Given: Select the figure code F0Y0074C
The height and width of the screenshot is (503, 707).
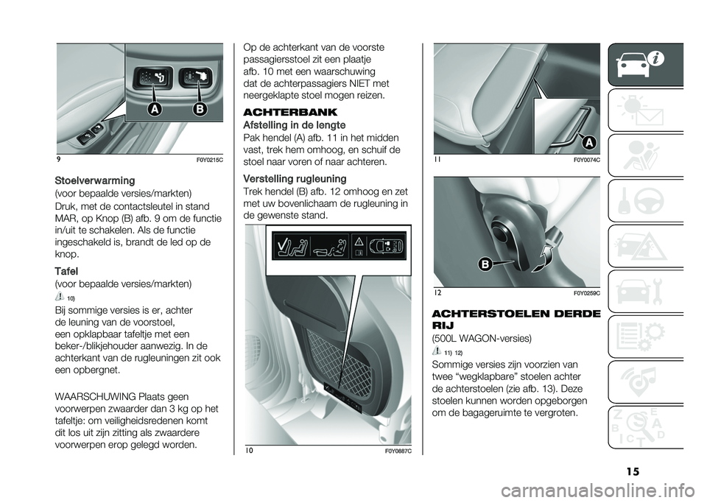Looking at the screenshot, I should (587, 160).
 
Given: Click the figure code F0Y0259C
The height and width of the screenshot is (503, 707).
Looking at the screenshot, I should (587, 293).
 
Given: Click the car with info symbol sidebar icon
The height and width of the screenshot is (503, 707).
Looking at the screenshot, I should (641, 66).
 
